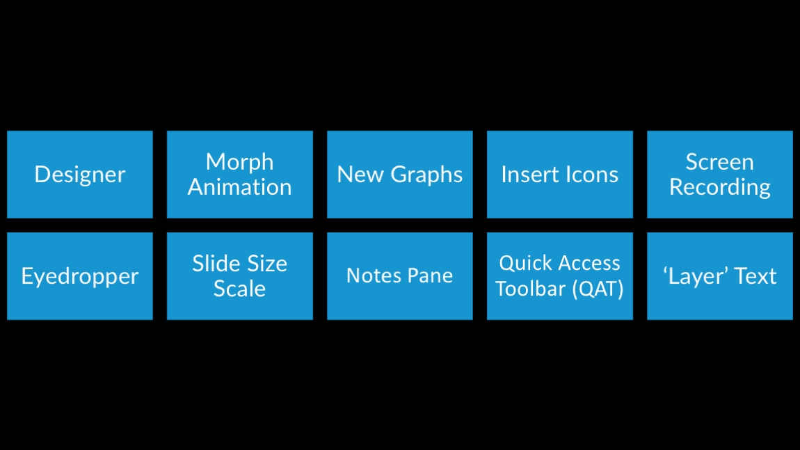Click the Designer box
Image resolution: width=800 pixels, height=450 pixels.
coord(80,175)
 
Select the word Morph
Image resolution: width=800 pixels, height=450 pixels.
coord(239,162)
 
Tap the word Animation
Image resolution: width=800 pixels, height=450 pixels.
coord(239,187)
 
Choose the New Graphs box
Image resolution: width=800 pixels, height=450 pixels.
coord(400,175)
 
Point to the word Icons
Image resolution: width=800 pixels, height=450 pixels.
coord(591,175)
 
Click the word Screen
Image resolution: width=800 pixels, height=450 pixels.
coord(719,162)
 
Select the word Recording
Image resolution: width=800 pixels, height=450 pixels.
coord(719,187)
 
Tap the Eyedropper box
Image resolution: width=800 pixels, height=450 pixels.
coord(80,276)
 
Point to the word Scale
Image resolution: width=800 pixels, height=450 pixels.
coord(239,289)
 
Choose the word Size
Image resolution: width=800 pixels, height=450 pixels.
coord(267,264)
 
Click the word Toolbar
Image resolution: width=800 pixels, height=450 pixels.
coord(530,289)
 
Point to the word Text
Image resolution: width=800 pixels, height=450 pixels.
coord(755,276)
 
